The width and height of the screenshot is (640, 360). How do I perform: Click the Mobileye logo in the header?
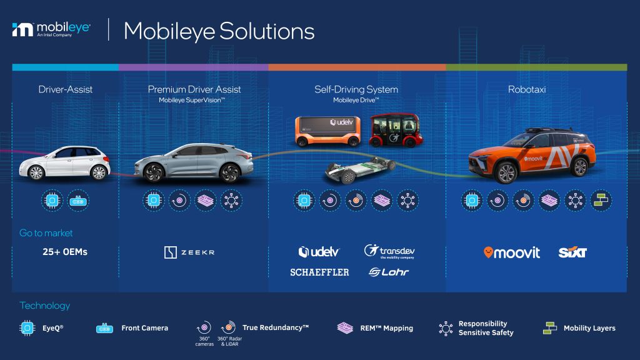51,29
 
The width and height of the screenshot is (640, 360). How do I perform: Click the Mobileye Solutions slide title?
219,30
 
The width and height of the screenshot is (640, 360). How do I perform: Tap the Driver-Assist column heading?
65,89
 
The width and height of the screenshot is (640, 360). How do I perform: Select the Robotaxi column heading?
527,89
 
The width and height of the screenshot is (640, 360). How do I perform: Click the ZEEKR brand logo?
189,252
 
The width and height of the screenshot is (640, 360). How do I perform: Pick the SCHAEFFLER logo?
319,272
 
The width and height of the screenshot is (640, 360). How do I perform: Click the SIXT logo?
572,252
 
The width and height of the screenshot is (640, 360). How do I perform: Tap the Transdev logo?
389,252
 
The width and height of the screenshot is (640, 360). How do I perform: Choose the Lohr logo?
388,272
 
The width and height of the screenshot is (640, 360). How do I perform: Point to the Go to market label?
46,232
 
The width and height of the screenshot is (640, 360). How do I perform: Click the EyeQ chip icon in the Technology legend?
27,327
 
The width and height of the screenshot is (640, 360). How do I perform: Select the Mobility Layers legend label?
589,328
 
